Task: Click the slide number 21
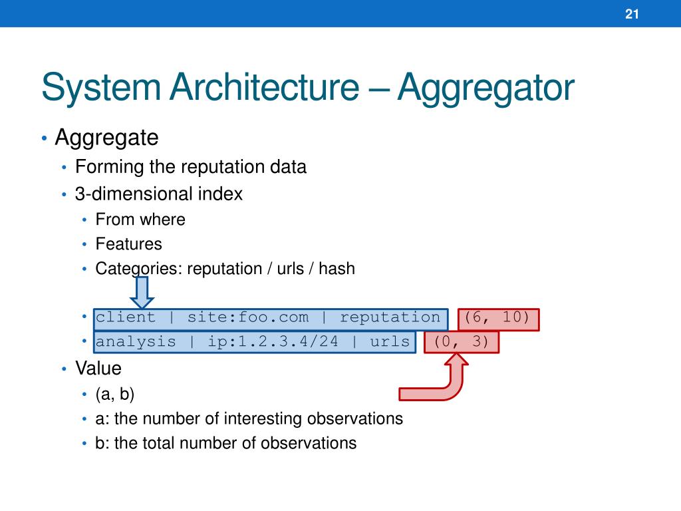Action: pyautogui.click(x=632, y=14)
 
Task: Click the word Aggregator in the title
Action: pyautogui.click(x=485, y=88)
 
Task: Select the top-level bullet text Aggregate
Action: pyautogui.click(x=106, y=138)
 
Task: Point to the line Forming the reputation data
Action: pyautogui.click(x=191, y=166)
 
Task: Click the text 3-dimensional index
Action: pyautogui.click(x=159, y=194)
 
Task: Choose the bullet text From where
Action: pyautogui.click(x=140, y=219)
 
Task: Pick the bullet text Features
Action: pyautogui.click(x=128, y=244)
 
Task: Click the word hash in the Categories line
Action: pyautogui.click(x=337, y=268)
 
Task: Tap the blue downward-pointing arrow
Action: pyautogui.click(x=141, y=291)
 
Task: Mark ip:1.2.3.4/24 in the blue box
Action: pyautogui.click(x=273, y=342)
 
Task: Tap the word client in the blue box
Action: pyautogui.click(x=126, y=317)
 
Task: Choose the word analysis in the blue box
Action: pyautogui.click(x=136, y=342)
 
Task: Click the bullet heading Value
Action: pyautogui.click(x=98, y=368)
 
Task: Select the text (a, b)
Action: pyautogui.click(x=115, y=394)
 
